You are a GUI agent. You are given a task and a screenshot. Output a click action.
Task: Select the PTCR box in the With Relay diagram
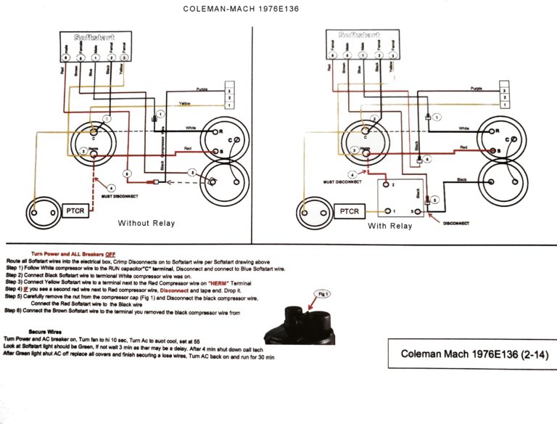click(350, 211)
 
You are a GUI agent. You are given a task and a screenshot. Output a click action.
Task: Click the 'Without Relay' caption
click(147, 223)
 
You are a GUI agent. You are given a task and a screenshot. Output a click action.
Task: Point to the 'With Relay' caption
click(389, 226)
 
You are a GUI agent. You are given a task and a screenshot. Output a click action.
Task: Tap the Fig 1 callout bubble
click(321, 294)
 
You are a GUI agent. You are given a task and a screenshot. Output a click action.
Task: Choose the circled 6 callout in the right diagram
click(428, 158)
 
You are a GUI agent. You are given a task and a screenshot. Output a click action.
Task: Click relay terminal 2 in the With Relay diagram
click(391, 185)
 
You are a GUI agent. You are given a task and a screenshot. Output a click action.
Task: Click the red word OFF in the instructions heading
click(110, 253)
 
